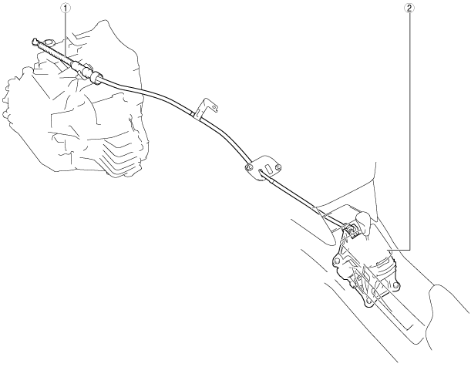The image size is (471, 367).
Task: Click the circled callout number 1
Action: click(66, 8)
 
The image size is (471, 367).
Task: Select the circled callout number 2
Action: click(409, 8)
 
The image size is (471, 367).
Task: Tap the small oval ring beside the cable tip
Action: click(47, 38)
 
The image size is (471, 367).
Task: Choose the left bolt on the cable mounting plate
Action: click(248, 166)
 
